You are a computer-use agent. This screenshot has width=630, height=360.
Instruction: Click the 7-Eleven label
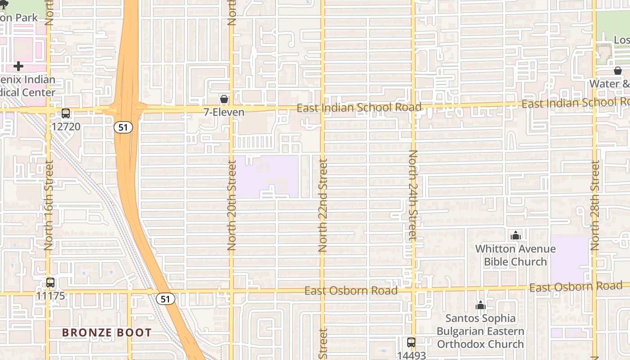(224, 112)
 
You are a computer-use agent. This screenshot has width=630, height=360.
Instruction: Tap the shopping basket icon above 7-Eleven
(224, 99)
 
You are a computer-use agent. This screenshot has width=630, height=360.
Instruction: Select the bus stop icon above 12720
(66, 113)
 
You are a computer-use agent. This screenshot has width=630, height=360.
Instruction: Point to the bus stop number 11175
(50, 296)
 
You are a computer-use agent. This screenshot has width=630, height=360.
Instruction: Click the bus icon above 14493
(411, 342)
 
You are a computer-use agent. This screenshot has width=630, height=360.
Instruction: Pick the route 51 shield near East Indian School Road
(123, 127)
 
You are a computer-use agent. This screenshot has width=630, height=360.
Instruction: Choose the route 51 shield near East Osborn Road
(166, 299)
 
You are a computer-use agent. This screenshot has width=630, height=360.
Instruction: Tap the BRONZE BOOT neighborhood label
(107, 333)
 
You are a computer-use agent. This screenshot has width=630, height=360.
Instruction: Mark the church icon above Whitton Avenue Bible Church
(516, 235)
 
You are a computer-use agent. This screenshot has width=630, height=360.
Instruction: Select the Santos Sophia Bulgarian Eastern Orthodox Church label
(481, 331)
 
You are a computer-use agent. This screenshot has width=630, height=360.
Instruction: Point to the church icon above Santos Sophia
(481, 306)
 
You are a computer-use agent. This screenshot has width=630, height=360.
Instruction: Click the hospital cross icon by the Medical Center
(18, 67)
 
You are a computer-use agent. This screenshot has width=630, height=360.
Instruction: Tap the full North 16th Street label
(49, 205)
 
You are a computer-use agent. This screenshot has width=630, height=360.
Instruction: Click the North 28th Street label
(595, 206)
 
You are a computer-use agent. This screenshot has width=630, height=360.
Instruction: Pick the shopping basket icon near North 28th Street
(617, 71)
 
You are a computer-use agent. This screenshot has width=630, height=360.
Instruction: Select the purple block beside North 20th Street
(265, 176)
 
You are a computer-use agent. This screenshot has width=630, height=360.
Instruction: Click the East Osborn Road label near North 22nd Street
(351, 291)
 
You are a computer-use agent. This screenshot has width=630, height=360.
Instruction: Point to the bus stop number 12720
(66, 126)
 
